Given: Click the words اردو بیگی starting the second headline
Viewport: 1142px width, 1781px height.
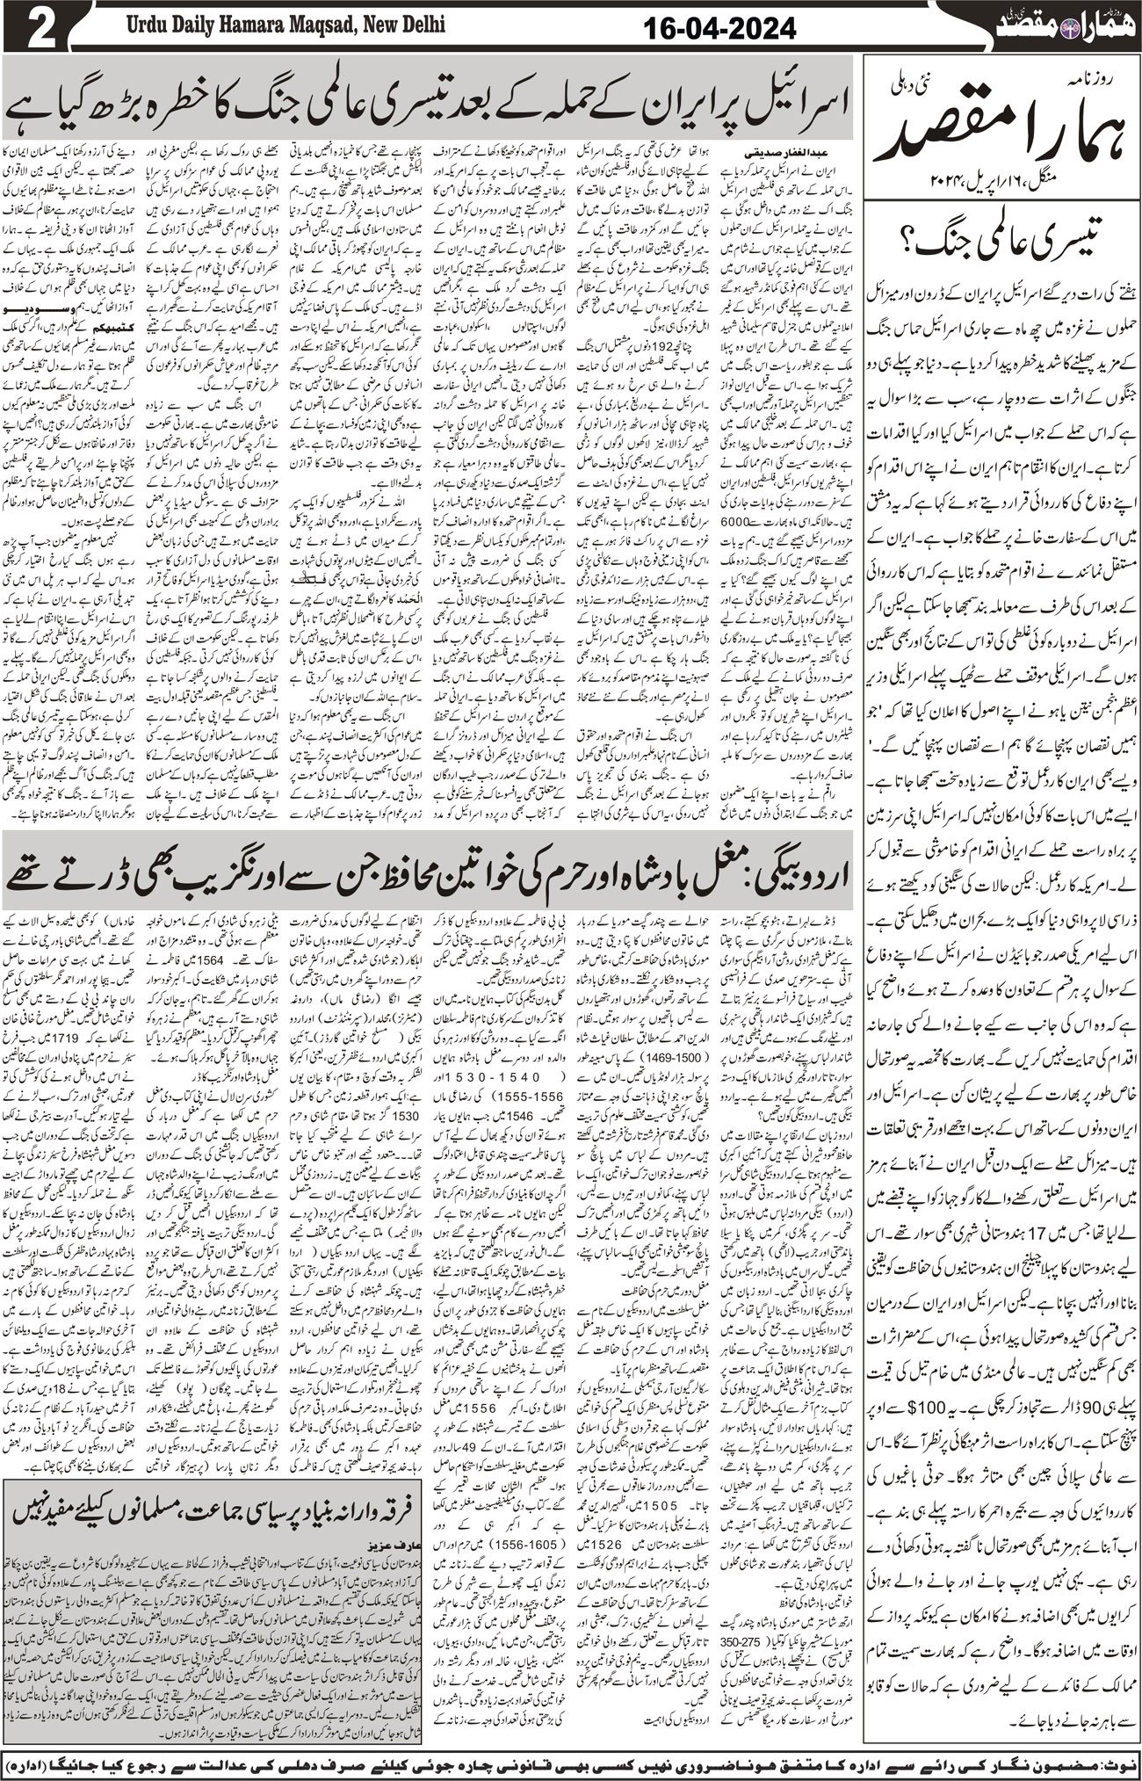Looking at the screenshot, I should click(781, 866).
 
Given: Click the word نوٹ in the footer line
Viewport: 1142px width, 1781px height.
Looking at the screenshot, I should click(1116, 1761).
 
